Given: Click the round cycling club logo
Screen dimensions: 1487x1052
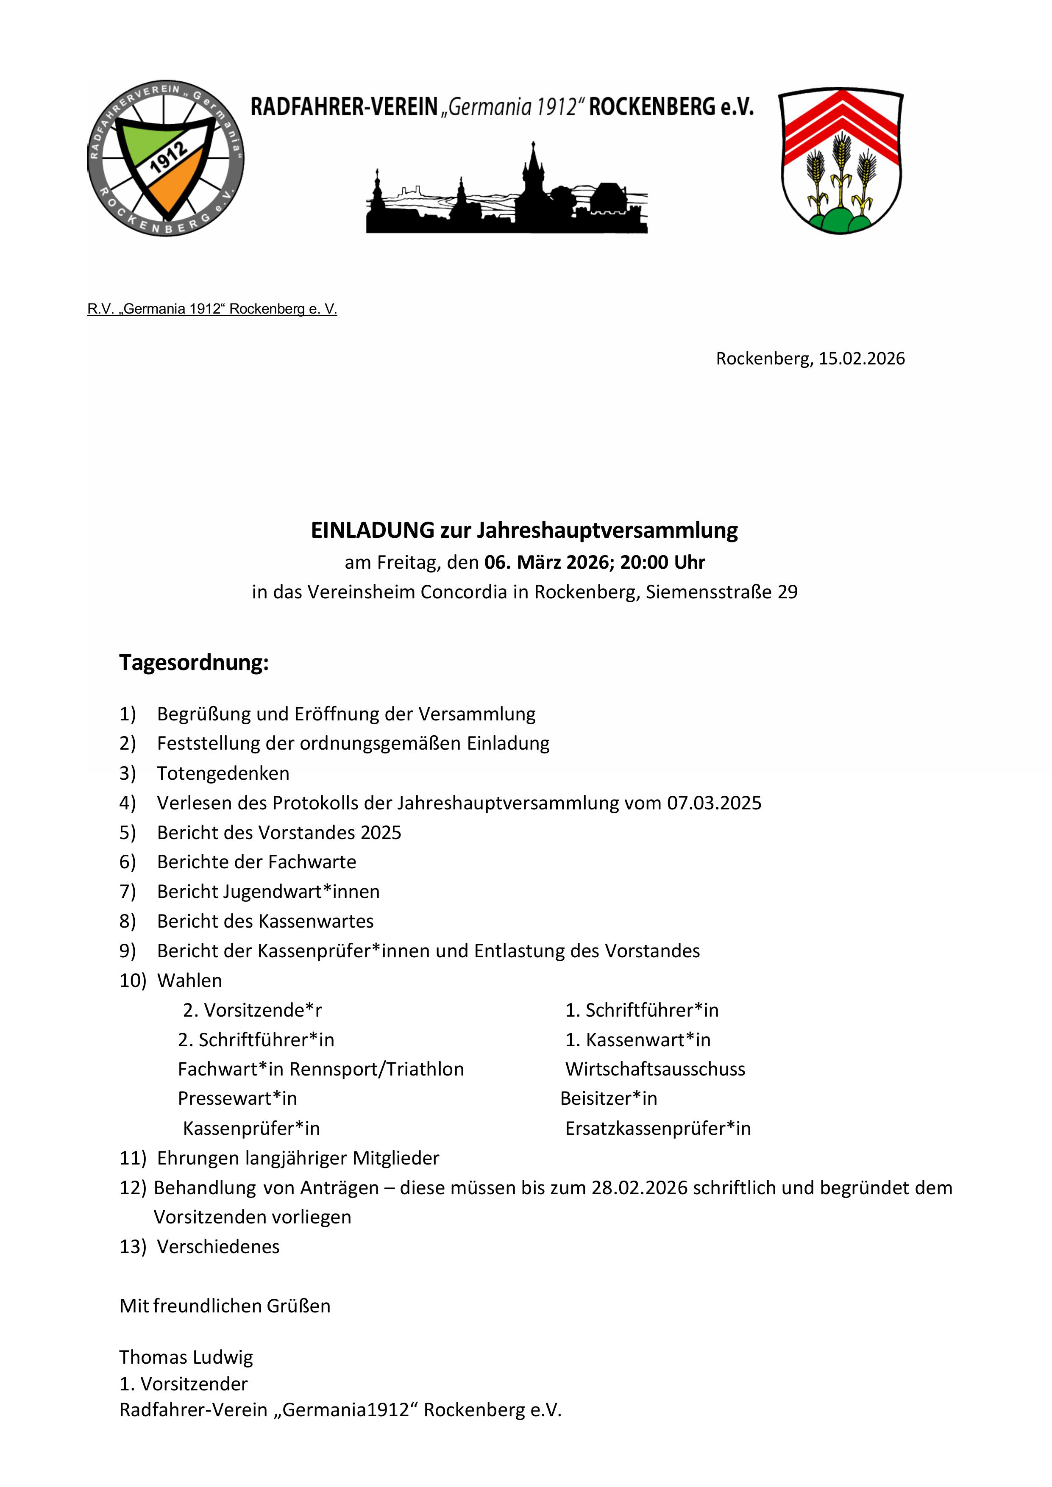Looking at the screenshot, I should point(166,158).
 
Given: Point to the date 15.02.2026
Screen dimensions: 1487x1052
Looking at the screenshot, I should point(862,359).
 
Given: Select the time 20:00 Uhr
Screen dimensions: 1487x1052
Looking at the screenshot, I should point(662,562).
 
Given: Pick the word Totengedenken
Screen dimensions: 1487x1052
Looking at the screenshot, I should point(223,773).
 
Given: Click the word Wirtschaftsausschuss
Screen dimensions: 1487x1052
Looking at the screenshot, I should point(655,1069).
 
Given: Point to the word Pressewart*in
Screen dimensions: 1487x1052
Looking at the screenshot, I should point(237,1098).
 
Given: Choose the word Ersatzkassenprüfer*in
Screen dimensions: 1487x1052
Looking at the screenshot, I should point(657,1128).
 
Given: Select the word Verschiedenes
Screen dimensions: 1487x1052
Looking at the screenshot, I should point(218,1247).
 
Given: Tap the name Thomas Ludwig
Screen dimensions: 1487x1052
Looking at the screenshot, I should point(186,1357).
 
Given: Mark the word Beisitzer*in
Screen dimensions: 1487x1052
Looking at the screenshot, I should point(608,1098).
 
